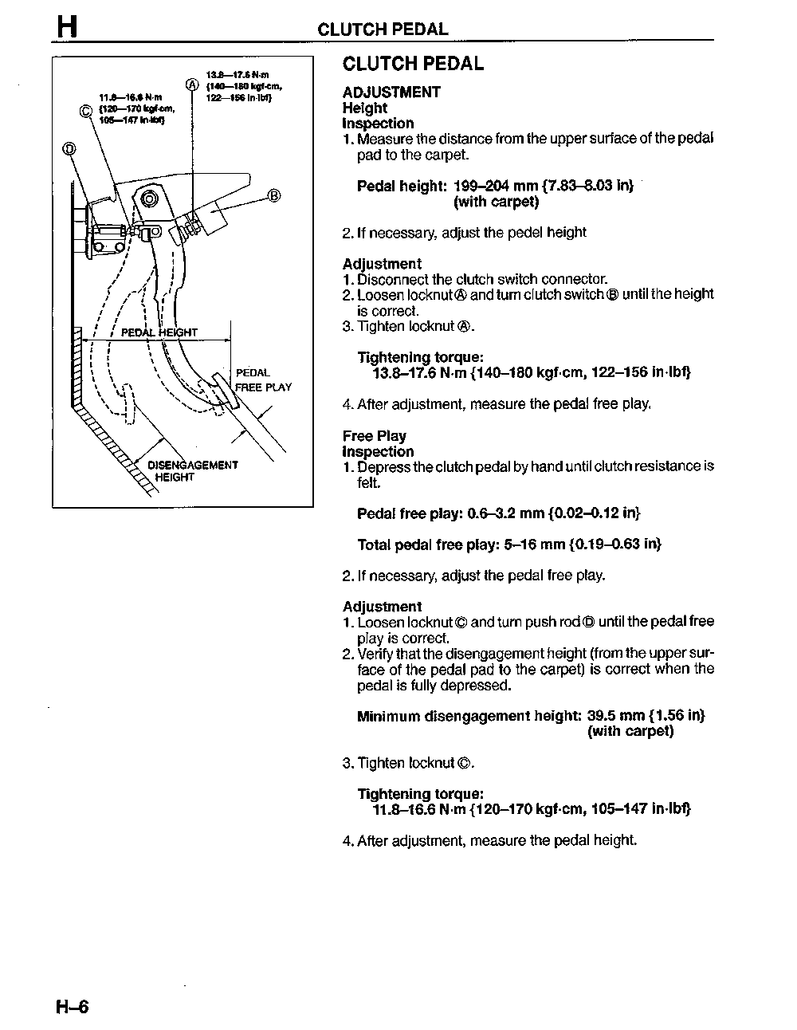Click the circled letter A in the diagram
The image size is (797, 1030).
coord(192,85)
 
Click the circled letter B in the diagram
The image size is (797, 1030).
coord(273,195)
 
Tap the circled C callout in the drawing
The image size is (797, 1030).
coord(87,110)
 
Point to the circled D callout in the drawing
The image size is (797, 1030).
coord(68,148)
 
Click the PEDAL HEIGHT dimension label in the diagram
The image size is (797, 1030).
coord(159,332)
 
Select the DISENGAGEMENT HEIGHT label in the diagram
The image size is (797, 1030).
coord(192,470)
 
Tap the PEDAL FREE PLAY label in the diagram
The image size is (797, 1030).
coord(263,380)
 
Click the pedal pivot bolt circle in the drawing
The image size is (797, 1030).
coord(149,199)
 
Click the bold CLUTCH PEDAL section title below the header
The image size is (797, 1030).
coord(413,64)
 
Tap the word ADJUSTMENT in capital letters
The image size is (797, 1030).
coord(391,92)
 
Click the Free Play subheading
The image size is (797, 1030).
coord(374,436)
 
